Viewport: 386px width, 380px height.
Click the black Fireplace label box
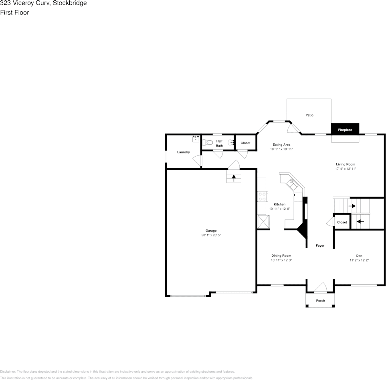point(345,130)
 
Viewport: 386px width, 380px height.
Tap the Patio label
point(309,115)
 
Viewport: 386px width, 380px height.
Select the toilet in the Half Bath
point(208,143)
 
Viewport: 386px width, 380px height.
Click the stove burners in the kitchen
point(263,197)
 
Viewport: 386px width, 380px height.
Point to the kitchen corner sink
point(292,184)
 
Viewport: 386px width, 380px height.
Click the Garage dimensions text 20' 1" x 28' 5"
point(211,235)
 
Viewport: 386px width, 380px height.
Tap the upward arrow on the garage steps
point(234,178)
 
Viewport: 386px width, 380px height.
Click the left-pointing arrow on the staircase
point(360,221)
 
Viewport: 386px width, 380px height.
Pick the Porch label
point(320,301)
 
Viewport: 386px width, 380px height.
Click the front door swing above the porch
point(320,288)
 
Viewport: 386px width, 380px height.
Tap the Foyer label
point(320,245)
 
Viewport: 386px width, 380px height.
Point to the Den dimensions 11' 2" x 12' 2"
point(359,260)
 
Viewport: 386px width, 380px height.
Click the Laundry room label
point(184,152)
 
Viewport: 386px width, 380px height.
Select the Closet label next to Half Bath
point(245,143)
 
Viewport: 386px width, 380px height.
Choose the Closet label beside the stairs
point(342,222)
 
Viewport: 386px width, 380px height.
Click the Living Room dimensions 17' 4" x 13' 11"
point(346,169)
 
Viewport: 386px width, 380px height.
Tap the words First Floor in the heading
point(14,12)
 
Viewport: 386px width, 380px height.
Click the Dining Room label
point(281,255)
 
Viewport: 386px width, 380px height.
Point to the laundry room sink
point(196,139)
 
